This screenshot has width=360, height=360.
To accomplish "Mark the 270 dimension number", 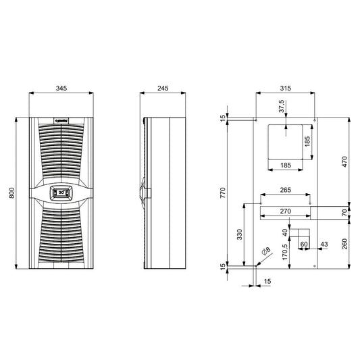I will [x=285, y=212].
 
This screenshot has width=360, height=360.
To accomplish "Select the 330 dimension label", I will [x=238, y=234].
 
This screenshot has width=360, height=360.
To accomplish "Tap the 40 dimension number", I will [x=285, y=232].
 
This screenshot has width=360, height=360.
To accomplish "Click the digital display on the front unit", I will [x=59, y=192].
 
